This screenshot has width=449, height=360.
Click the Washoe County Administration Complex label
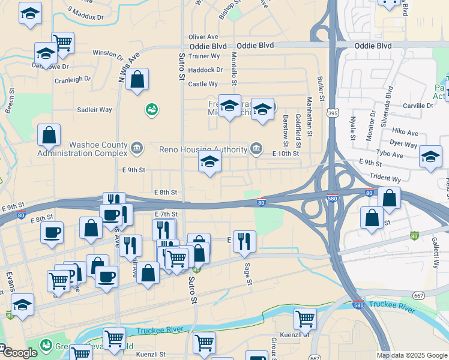tap(82, 149)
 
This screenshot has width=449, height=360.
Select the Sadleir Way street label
tap(94, 110)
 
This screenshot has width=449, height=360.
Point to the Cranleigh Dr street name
tap(72, 79)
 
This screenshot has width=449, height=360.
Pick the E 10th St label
tap(285, 154)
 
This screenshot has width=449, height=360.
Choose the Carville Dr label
tap(418, 106)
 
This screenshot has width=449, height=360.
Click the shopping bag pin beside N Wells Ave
tap(137, 79)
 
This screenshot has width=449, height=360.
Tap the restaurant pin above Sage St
tap(244, 241)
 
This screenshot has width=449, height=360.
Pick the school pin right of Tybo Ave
tap(430, 156)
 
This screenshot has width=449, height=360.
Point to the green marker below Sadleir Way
tap(151, 110)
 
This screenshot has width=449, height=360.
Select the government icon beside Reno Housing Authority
tap(256, 148)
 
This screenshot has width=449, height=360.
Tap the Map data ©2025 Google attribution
tap(411, 355)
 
